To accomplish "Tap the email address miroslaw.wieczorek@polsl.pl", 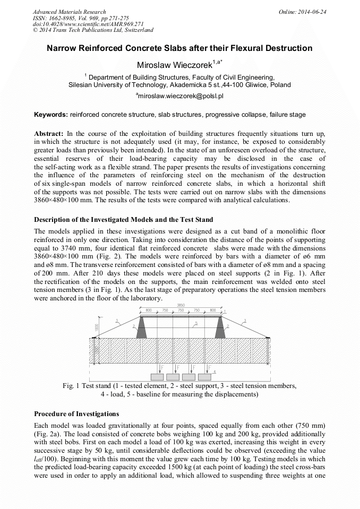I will pyautogui.click(x=179, y=96).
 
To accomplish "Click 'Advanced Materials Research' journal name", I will pyautogui.click(x=69, y=11).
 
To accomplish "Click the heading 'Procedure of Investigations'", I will pyautogui.click(x=76, y=413).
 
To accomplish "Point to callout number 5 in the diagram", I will pyautogui.click(x=196, y=323).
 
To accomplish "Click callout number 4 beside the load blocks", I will pyautogui.click(x=214, y=372).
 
